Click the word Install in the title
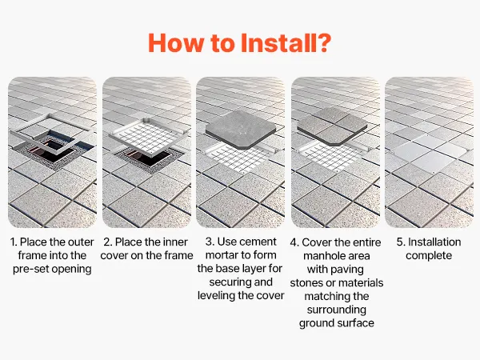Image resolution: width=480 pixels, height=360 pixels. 275,43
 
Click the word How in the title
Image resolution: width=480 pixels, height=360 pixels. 176,43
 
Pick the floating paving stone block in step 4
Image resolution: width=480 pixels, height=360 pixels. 332,126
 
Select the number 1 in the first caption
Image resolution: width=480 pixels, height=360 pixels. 13,242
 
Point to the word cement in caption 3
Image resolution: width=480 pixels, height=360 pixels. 258,242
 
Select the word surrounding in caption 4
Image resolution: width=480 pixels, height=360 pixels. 337,310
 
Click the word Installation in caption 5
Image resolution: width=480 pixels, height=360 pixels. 434,242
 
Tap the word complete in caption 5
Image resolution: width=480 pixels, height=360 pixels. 429,256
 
